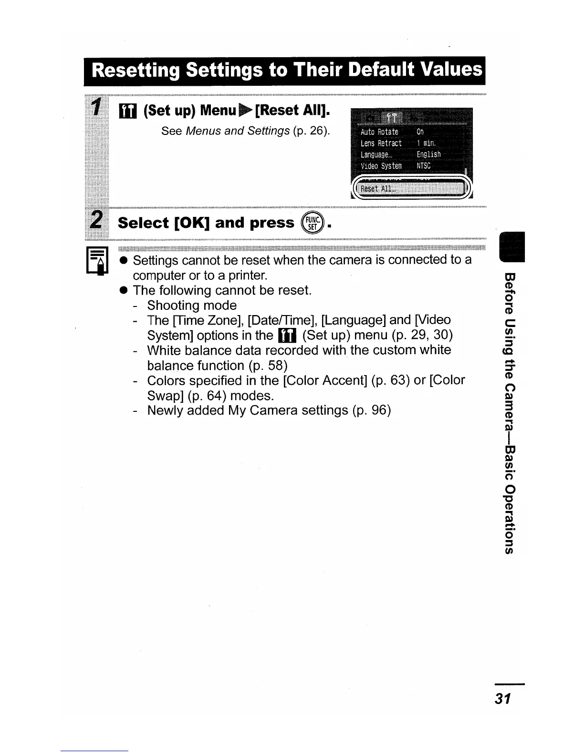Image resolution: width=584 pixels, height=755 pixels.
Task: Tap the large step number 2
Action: (x=97, y=220)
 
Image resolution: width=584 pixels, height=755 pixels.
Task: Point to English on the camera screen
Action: (x=428, y=154)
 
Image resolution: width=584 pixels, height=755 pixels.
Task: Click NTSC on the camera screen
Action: (x=423, y=166)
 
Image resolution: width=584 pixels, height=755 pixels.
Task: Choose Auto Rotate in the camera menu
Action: (x=379, y=132)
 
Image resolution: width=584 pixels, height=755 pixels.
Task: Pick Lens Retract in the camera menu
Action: (x=381, y=143)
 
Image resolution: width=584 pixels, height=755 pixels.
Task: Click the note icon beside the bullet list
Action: (x=97, y=261)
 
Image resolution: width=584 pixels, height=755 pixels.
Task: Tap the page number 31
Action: (x=503, y=699)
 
